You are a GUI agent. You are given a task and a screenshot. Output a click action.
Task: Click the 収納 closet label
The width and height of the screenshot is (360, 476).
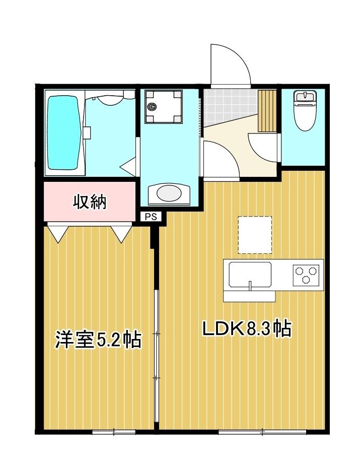(x=90, y=202)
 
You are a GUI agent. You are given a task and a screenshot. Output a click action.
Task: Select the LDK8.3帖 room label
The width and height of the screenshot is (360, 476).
(x=247, y=329)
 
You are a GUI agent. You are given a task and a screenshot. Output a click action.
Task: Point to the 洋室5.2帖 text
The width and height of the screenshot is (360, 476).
(x=98, y=340)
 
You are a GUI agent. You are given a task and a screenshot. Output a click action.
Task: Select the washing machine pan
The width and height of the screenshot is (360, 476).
(x=163, y=106)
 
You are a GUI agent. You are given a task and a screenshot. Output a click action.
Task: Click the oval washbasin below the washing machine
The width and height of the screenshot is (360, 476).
(x=170, y=193)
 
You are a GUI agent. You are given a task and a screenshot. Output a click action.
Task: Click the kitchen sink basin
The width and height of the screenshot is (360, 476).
(x=250, y=275)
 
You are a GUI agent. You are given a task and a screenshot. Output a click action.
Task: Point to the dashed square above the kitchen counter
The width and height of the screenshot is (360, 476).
(x=255, y=235)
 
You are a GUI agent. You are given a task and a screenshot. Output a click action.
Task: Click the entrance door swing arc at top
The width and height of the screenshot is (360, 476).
(x=230, y=63)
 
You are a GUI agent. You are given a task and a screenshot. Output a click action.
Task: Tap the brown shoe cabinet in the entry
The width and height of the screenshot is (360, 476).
(x=267, y=110)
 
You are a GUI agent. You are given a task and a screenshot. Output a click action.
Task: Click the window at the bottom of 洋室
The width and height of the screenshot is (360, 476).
(x=114, y=432)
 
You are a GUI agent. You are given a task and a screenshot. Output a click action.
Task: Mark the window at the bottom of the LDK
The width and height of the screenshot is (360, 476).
(x=262, y=432)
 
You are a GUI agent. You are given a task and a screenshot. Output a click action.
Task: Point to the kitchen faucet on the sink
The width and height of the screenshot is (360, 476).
(x=250, y=286)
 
